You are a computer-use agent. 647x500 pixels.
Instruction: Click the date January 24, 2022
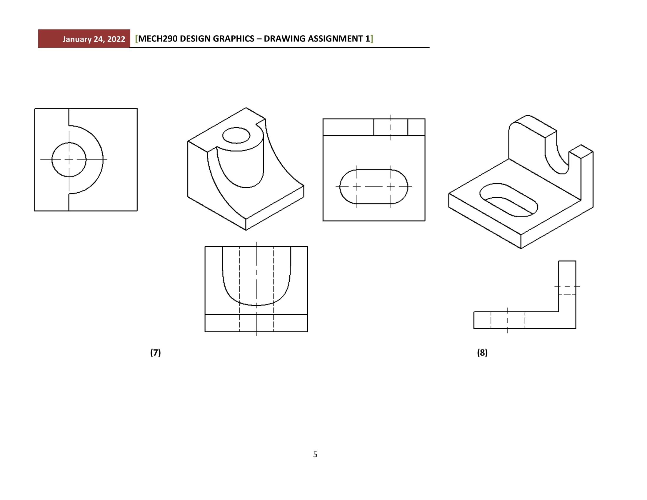tap(94, 39)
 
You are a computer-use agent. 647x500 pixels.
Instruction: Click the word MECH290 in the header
tap(158, 39)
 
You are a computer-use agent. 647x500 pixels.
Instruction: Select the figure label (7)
tap(155, 352)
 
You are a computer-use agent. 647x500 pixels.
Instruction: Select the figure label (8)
tap(482, 352)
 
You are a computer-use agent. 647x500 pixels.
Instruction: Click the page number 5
tap(315, 454)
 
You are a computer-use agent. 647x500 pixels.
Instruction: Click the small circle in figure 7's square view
tap(69, 160)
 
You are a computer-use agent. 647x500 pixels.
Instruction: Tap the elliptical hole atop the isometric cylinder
tap(236, 135)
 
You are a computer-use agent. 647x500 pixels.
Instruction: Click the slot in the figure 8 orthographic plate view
tap(373, 186)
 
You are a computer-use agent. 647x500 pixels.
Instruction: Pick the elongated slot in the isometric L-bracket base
tap(509, 200)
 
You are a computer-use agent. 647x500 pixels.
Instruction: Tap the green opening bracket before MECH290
tap(136, 39)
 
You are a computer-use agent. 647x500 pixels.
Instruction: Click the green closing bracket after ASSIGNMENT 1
tap(372, 39)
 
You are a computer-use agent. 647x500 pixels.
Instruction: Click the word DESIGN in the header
tap(195, 39)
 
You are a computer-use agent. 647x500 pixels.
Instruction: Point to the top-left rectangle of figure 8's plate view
tap(348, 127)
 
